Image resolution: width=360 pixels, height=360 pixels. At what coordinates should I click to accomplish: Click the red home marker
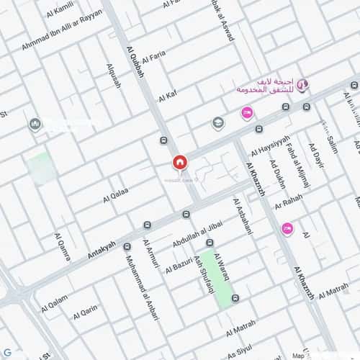[179, 163]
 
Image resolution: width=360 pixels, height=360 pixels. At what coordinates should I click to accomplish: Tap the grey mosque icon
[35, 125]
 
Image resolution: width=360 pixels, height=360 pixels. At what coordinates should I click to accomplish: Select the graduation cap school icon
[217, 124]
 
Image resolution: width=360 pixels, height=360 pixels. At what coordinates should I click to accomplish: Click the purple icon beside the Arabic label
[303, 86]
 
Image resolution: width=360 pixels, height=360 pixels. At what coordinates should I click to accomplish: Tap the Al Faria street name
[154, 57]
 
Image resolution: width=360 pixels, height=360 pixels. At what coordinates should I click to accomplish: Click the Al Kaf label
[166, 94]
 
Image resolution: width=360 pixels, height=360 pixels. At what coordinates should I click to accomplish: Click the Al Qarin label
[85, 312]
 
